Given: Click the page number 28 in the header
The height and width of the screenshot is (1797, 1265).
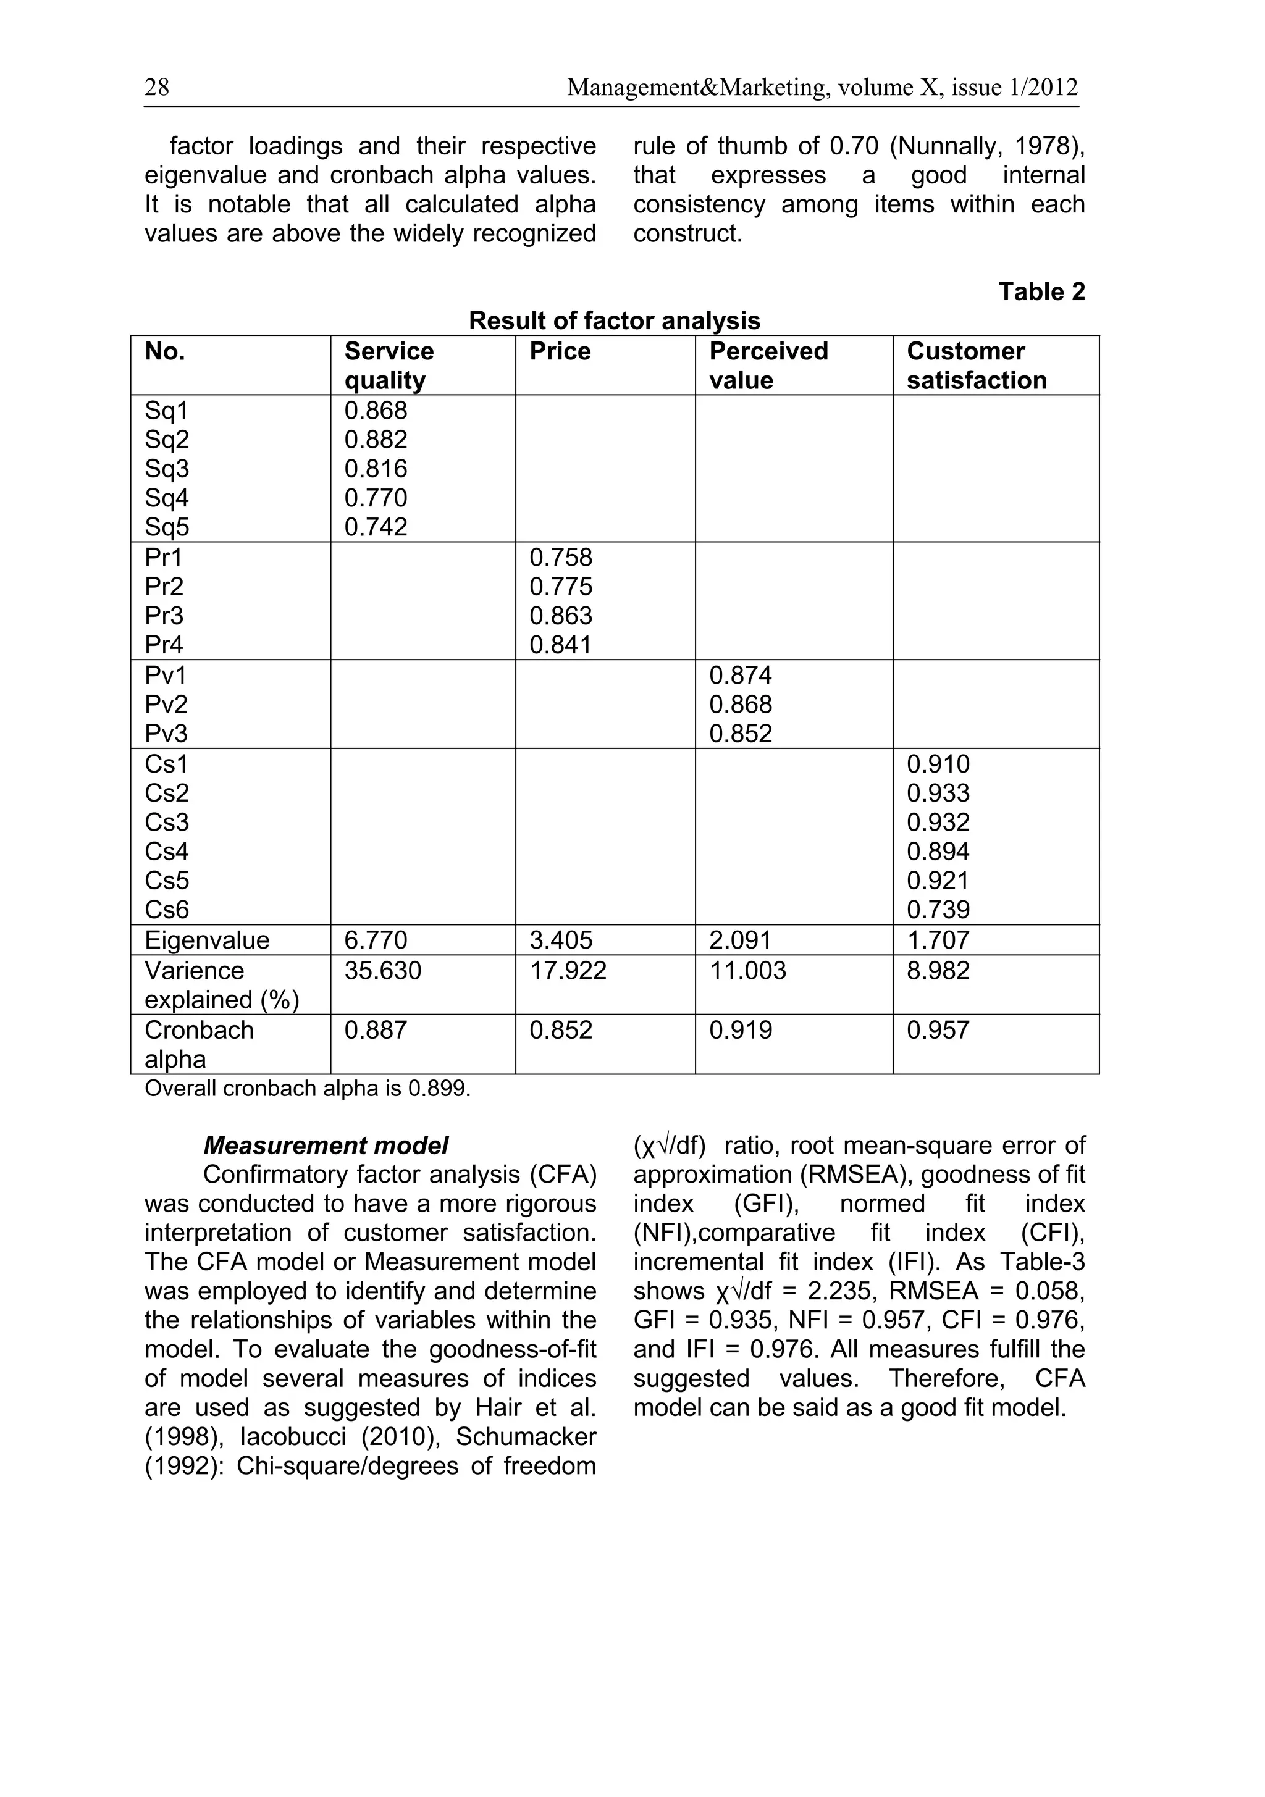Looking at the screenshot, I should [156, 87].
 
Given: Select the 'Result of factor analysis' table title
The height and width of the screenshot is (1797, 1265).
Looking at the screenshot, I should [615, 321].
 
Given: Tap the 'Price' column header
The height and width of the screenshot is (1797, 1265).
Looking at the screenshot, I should [560, 351].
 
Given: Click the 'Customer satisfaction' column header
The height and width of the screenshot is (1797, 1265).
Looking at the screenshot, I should [975, 366].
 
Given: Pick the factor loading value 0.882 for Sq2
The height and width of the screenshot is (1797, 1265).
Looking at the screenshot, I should [376, 440].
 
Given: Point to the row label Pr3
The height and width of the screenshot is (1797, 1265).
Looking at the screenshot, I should [164, 616].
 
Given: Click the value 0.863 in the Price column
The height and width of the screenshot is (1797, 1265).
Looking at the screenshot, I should [560, 616].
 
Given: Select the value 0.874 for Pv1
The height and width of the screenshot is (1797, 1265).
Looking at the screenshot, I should [741, 676].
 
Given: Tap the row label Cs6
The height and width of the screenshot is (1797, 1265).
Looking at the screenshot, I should [167, 910].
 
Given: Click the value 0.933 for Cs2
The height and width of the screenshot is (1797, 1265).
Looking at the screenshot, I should [938, 794].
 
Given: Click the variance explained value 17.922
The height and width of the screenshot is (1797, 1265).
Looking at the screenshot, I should [568, 971].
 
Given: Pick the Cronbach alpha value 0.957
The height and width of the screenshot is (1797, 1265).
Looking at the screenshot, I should [938, 1030].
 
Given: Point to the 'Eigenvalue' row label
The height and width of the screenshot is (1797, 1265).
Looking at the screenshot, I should [207, 940].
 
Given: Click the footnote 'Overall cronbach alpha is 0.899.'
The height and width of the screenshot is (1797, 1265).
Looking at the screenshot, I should [308, 1089].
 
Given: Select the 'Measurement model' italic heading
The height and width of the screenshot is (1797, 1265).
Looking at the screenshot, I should [326, 1146].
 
